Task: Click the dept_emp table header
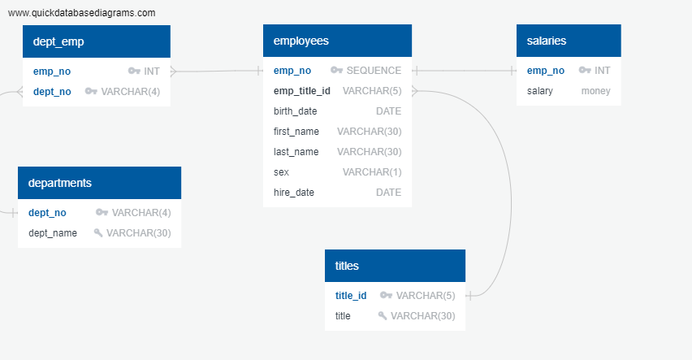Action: pyautogui.click(x=58, y=41)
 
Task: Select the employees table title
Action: pyautogui.click(x=301, y=41)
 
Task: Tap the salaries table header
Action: pyautogui.click(x=547, y=41)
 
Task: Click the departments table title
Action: pyautogui.click(x=60, y=183)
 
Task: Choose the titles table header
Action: pyautogui.click(x=347, y=266)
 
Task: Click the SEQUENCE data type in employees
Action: pyautogui.click(x=374, y=71)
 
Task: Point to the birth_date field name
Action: pyautogui.click(x=296, y=111)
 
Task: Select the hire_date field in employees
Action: pyautogui.click(x=294, y=193)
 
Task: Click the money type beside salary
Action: pyautogui.click(x=595, y=91)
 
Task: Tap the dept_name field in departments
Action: pyautogui.click(x=53, y=233)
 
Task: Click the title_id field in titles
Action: pyautogui.click(x=351, y=296)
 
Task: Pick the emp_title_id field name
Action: pyautogui.click(x=302, y=91)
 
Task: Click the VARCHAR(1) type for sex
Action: pyautogui.click(x=372, y=172)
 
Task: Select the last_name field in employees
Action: pyautogui.click(x=296, y=152)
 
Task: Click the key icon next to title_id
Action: pyautogui.click(x=386, y=296)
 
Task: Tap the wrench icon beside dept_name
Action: pyautogui.click(x=98, y=233)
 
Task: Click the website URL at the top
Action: pyautogui.click(x=81, y=13)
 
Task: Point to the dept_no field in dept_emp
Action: pyautogui.click(x=52, y=92)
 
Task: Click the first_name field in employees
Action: pyautogui.click(x=296, y=132)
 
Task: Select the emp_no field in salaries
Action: pyautogui.click(x=546, y=71)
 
